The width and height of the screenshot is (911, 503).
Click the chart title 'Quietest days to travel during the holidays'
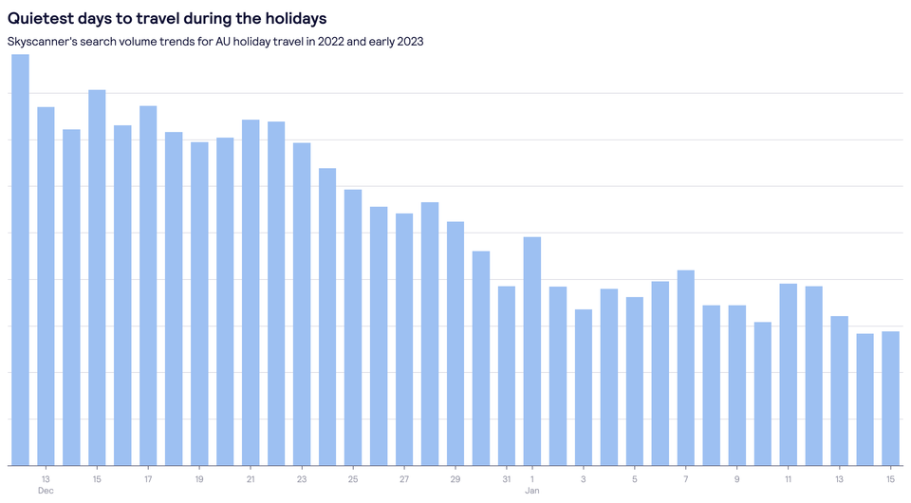167,18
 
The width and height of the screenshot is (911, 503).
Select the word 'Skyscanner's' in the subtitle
40,42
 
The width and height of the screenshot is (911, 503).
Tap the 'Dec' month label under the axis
46,491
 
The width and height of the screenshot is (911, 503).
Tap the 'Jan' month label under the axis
532,491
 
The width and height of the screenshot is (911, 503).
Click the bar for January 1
532,351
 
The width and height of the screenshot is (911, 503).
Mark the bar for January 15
890,399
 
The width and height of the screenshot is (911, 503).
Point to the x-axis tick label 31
507,478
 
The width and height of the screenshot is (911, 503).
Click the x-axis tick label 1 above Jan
532,478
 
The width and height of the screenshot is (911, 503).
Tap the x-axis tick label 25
353,478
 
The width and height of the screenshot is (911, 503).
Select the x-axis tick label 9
736,478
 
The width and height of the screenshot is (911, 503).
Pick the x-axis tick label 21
251,478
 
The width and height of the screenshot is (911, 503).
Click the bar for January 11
788,375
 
